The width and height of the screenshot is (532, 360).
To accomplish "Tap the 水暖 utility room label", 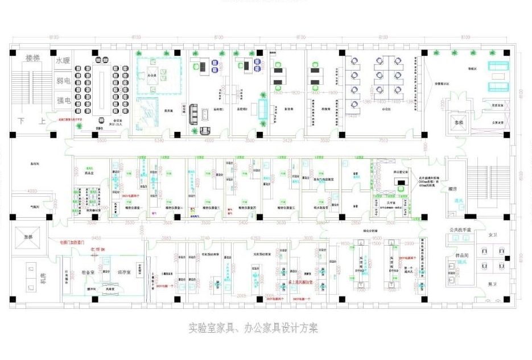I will click(63, 60).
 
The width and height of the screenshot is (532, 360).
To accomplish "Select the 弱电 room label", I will click(63, 81).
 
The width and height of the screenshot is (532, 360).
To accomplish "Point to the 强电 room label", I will click(63, 101).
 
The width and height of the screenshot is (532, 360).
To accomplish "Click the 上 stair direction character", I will click(41, 121).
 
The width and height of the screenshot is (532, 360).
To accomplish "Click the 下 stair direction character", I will click(22, 121).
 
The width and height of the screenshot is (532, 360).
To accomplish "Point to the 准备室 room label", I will click(88, 272).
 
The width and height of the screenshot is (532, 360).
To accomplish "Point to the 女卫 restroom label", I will click(493, 234).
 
